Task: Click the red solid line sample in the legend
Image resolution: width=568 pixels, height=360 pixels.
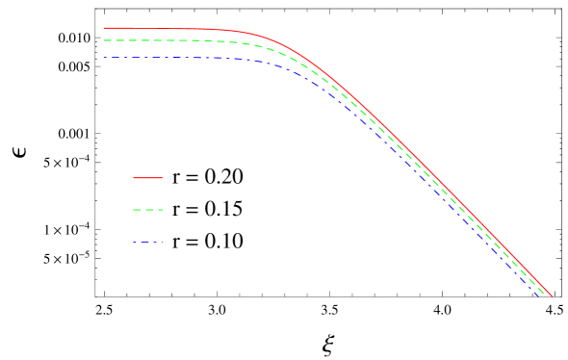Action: [148, 178]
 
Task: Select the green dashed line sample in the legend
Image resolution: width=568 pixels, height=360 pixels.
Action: [148, 210]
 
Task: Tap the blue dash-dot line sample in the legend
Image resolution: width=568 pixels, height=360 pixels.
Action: [148, 243]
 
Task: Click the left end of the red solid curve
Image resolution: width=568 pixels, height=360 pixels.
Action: [104, 28]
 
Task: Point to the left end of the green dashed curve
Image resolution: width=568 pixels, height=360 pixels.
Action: [104, 40]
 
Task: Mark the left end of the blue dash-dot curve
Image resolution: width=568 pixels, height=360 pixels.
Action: [104, 58]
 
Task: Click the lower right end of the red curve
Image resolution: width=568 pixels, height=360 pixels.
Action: [552, 296]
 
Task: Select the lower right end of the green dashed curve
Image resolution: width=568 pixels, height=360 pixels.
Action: [547, 296]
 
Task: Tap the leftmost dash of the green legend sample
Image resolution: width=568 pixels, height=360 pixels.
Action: [136, 210]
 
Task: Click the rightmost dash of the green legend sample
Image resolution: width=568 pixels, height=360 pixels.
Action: [160, 210]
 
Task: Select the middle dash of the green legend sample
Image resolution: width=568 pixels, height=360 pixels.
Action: [148, 210]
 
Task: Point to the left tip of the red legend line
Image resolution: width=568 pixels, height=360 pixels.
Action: [134, 178]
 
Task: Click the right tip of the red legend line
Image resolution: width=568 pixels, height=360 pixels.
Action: [163, 178]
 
